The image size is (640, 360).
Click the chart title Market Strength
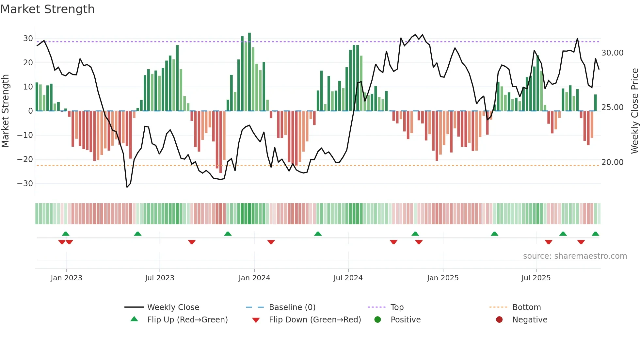tap(47, 9)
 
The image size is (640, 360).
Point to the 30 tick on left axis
tap(28, 39)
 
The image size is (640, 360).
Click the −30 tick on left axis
tap(25, 184)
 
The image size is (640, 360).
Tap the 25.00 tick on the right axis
tap(612, 107)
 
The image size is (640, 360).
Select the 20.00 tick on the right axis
tap(612, 162)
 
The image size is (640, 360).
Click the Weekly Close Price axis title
tap(634, 111)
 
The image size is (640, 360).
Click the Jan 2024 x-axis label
tap(254, 278)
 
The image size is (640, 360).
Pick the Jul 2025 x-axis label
tap(536, 278)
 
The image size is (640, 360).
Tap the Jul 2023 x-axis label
tap(160, 278)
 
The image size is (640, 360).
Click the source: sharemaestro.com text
tap(575, 256)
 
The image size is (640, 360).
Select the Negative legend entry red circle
tap(499, 320)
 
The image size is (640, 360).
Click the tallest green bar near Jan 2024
tap(249, 72)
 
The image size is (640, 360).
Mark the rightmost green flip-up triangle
tap(595, 234)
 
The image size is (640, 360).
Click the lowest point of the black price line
tap(127, 187)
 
